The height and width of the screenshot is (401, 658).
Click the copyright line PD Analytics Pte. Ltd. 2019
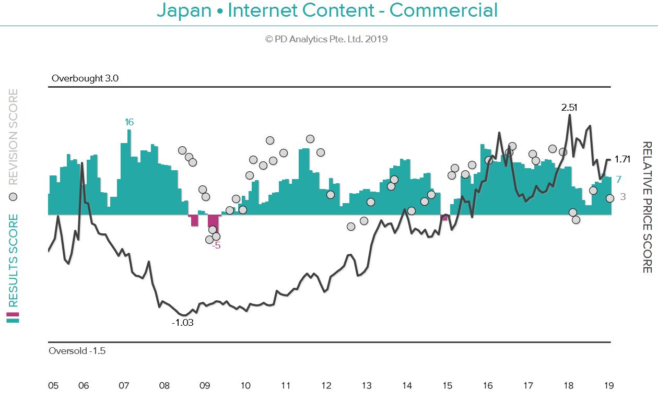click(x=326, y=39)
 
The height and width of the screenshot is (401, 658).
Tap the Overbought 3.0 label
click(x=85, y=79)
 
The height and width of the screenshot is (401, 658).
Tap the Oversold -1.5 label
click(x=77, y=351)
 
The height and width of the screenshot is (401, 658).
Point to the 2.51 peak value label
click(x=569, y=108)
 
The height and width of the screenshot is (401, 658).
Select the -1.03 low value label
click(x=182, y=323)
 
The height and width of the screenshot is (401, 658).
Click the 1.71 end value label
click(x=623, y=160)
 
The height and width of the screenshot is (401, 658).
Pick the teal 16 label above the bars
click(x=129, y=122)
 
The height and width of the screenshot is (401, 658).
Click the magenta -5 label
click(x=216, y=246)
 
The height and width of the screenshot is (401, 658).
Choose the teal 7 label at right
click(x=619, y=180)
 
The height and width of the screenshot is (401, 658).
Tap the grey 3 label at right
click(x=623, y=197)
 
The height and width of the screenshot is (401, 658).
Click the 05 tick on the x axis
click(x=53, y=386)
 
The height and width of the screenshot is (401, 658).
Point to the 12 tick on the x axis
click(x=326, y=386)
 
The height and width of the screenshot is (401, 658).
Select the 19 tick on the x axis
click(x=608, y=386)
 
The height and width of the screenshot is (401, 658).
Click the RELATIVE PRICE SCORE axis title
click(x=647, y=207)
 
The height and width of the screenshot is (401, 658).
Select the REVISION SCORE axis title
click(x=13, y=137)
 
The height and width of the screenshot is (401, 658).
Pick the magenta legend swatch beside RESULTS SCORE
click(x=13, y=315)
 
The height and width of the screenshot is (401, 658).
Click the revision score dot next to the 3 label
click(x=609, y=198)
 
